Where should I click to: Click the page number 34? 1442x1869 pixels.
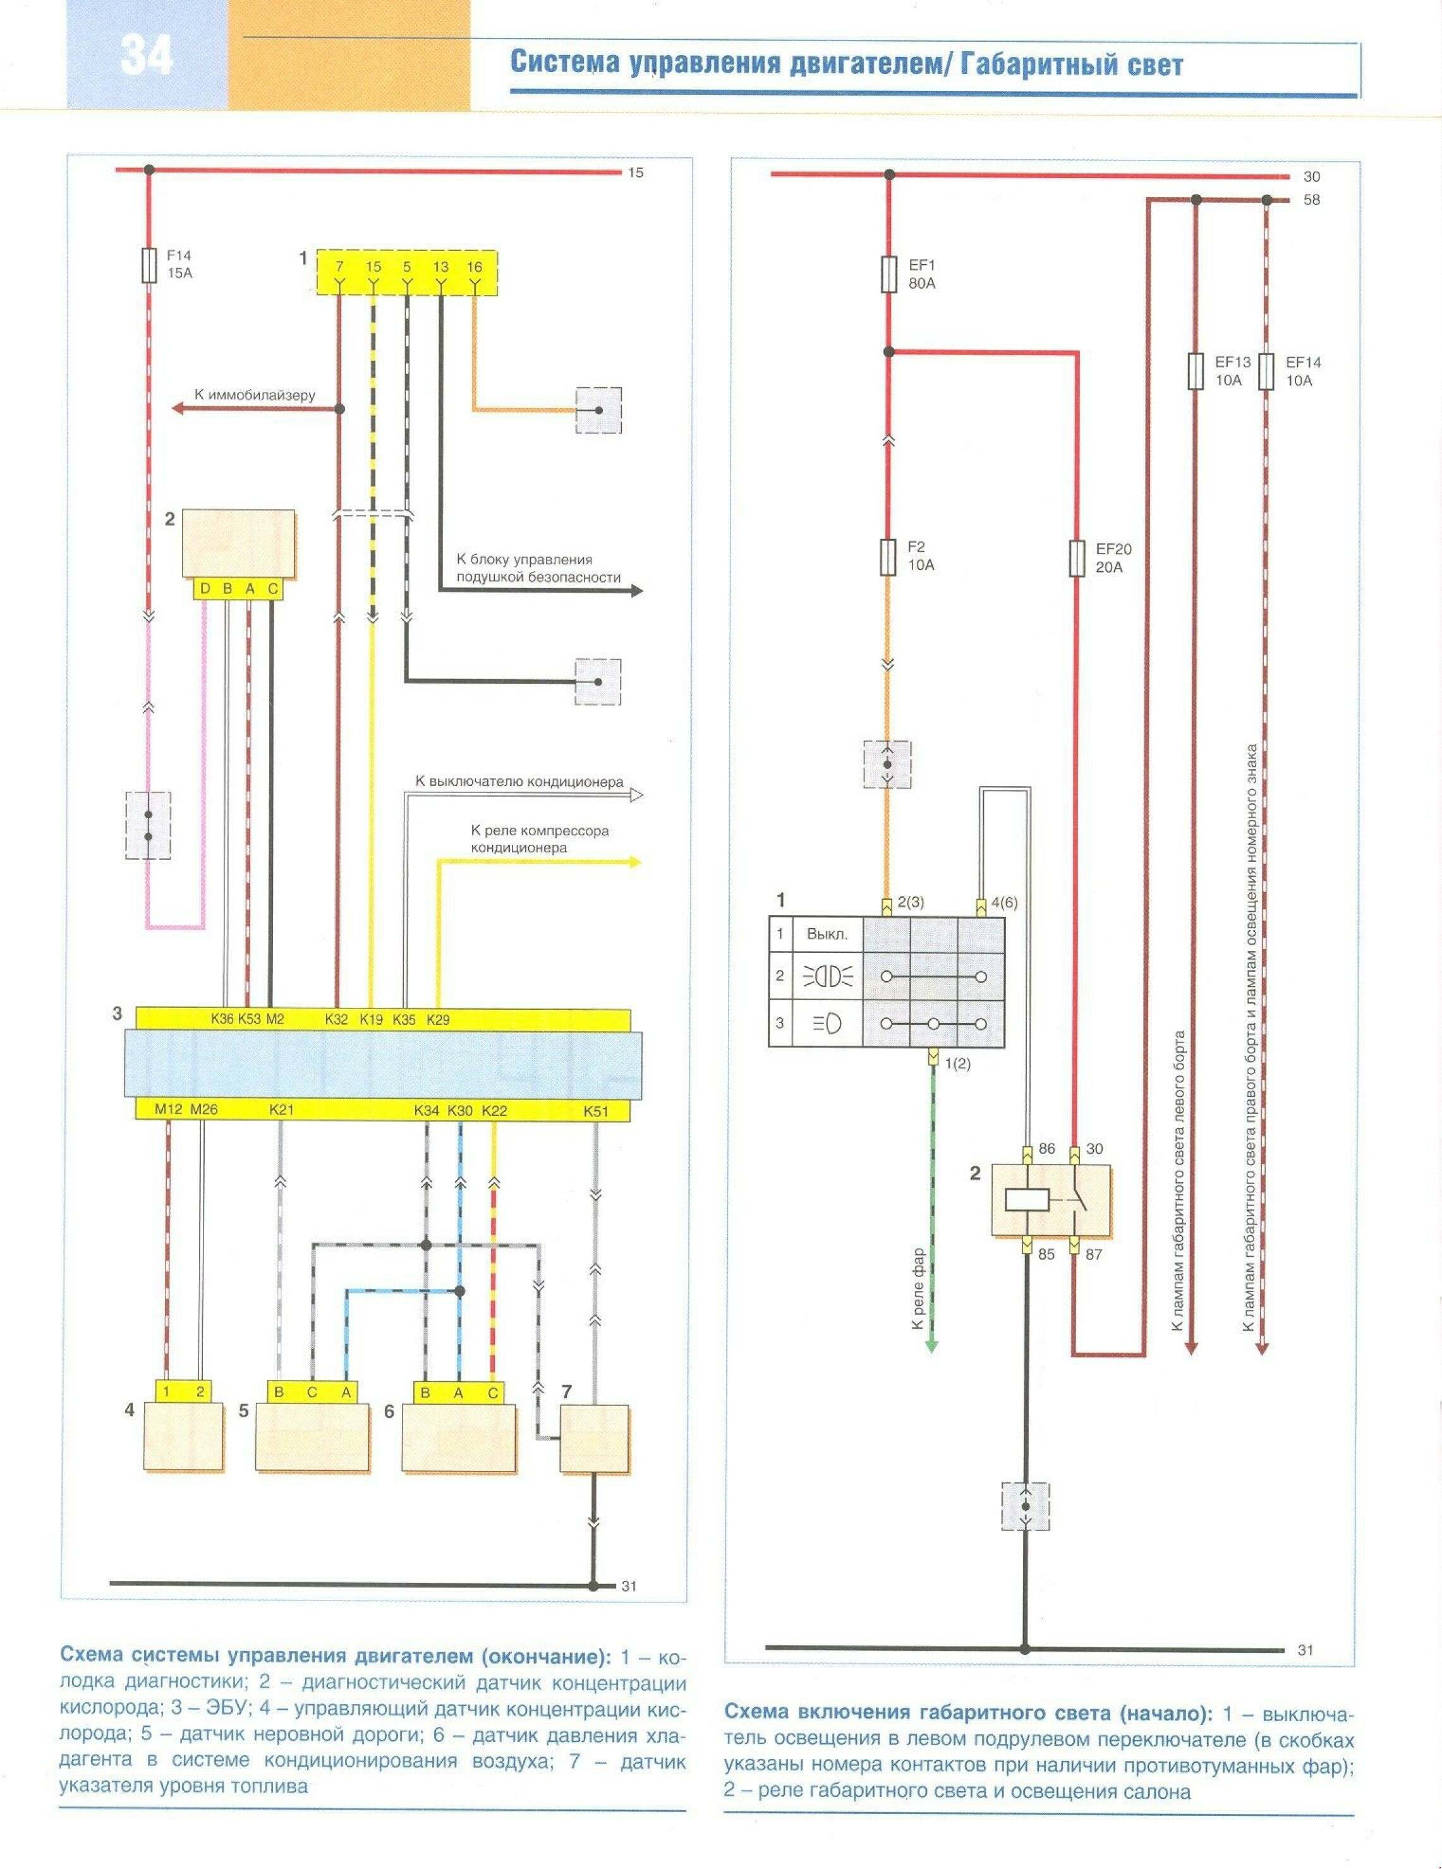coord(147,56)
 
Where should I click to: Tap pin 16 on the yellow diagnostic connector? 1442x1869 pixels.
coord(474,267)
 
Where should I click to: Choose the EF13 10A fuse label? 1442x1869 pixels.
coord(1232,370)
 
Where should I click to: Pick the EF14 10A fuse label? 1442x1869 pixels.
coord(1302,370)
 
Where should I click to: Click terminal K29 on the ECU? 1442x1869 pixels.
coord(437,1019)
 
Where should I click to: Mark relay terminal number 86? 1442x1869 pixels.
coord(1046,1149)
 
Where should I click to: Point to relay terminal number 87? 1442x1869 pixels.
coord(1094,1255)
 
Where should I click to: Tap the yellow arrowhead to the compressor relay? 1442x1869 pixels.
coord(634,862)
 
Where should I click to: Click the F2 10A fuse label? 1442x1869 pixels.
coord(921,556)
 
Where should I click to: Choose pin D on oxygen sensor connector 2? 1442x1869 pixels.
coord(205,589)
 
